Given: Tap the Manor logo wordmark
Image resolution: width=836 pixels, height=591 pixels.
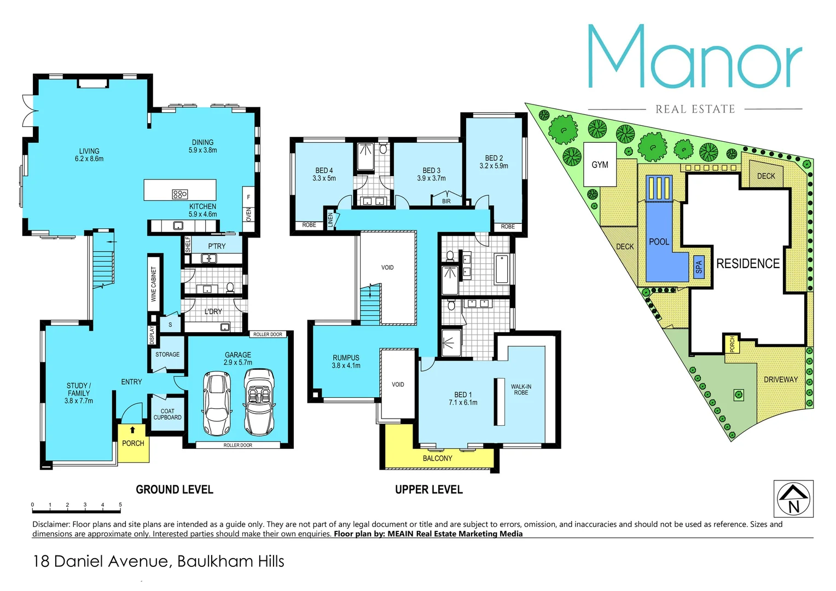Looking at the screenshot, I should [x=695, y=58].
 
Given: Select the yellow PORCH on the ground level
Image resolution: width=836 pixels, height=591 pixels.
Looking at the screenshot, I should [x=133, y=443].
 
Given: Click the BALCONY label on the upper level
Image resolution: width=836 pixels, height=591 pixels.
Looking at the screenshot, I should [x=437, y=459].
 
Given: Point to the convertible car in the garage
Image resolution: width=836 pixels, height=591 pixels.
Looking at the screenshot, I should [x=259, y=401].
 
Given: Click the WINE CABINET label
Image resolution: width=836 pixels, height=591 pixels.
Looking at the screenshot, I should [x=154, y=284].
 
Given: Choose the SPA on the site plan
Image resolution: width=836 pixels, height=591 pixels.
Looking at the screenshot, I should [x=699, y=267].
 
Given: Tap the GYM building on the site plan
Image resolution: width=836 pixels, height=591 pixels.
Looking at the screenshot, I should [x=600, y=165].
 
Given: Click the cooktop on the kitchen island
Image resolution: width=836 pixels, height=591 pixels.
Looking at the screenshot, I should [x=179, y=194].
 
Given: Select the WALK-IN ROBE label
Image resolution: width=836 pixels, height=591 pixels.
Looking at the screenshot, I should [x=521, y=390].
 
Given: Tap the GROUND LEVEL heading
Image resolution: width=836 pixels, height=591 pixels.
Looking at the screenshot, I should [x=175, y=490].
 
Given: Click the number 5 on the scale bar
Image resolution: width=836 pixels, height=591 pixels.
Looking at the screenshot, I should [x=120, y=505].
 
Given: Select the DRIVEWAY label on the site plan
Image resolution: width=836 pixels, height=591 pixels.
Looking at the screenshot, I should [x=781, y=379].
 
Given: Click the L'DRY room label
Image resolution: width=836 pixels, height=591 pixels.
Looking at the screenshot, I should [x=213, y=311].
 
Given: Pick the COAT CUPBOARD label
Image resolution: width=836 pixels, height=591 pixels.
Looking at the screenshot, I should [x=167, y=414].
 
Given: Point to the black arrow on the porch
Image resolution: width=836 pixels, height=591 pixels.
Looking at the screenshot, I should [x=132, y=430].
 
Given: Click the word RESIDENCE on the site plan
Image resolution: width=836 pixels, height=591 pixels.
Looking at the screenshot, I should [x=748, y=264].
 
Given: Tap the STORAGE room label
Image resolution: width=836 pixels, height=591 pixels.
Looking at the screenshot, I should [x=167, y=355].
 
